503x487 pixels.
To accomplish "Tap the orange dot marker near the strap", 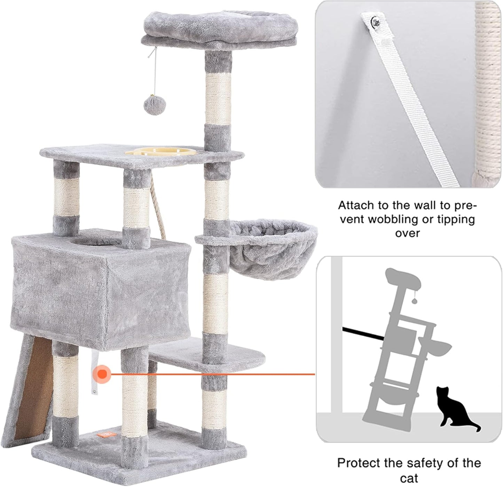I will pos(102,374).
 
